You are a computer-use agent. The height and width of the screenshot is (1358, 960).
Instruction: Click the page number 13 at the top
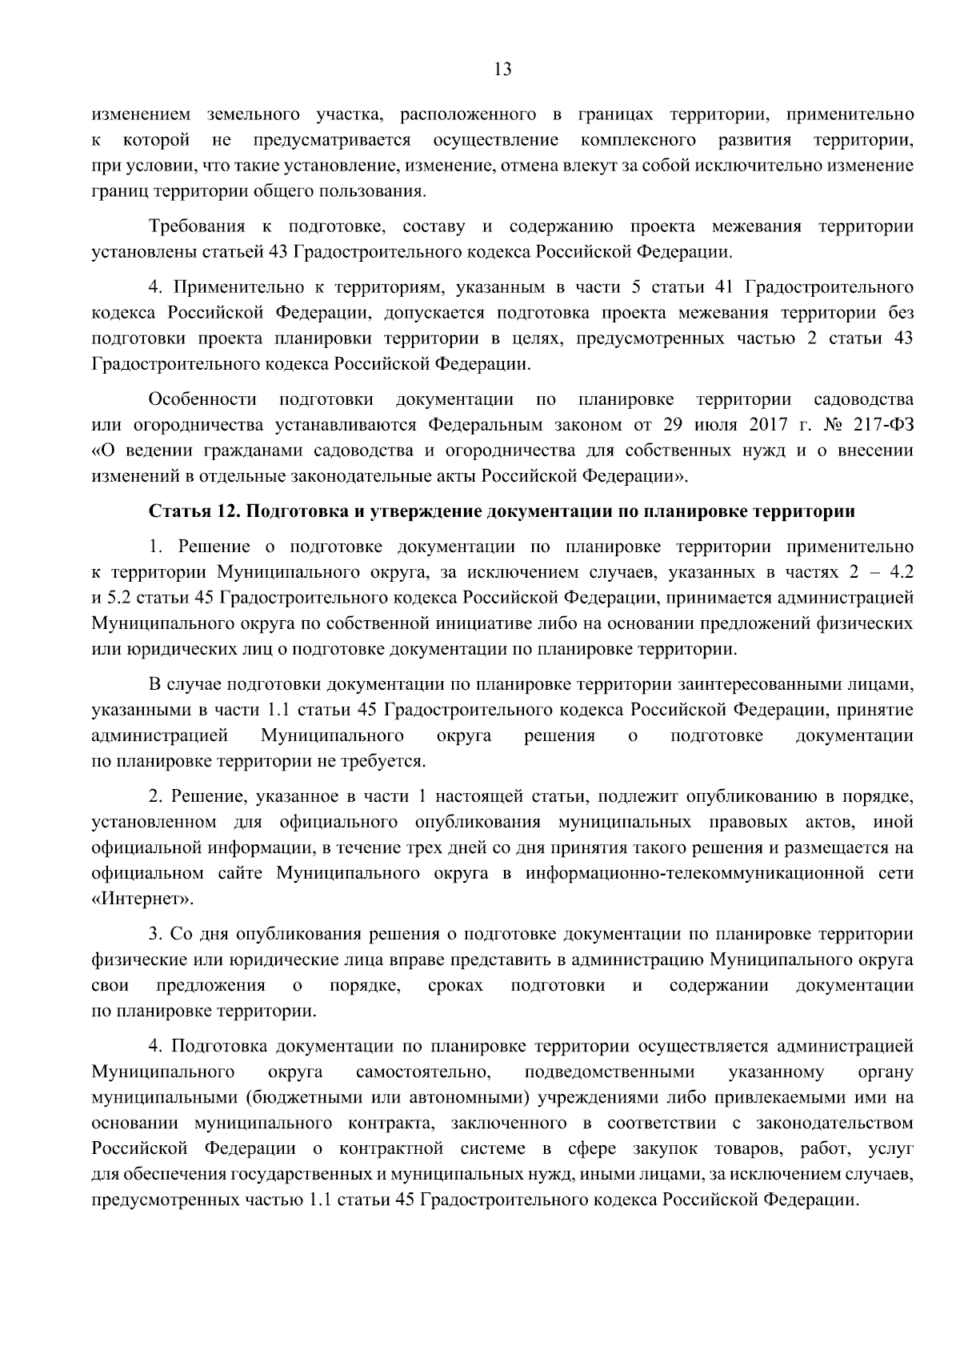(x=503, y=69)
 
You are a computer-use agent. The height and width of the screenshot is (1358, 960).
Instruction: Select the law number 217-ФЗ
(x=879, y=423)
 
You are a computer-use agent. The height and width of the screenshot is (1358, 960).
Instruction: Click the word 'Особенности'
(x=202, y=399)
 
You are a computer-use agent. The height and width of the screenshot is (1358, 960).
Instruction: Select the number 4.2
(x=900, y=572)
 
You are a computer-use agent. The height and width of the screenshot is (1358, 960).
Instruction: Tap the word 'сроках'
(x=455, y=985)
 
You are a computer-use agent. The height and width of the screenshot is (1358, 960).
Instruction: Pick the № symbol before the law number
(x=830, y=423)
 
